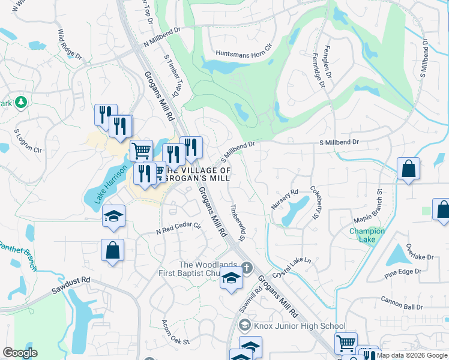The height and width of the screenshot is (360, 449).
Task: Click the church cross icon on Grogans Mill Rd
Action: tap(246, 268)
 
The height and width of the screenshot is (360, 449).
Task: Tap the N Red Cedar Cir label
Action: tap(178, 229)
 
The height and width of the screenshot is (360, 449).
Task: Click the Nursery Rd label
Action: tap(285, 200)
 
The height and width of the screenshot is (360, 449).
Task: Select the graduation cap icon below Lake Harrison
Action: tap(113, 216)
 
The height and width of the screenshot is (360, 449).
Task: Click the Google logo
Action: tap(20, 353)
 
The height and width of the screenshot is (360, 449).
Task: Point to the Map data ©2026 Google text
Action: tap(411, 355)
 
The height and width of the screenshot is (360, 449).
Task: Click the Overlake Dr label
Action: tap(419, 251)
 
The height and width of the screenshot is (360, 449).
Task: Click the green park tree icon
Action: tap(21, 103)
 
